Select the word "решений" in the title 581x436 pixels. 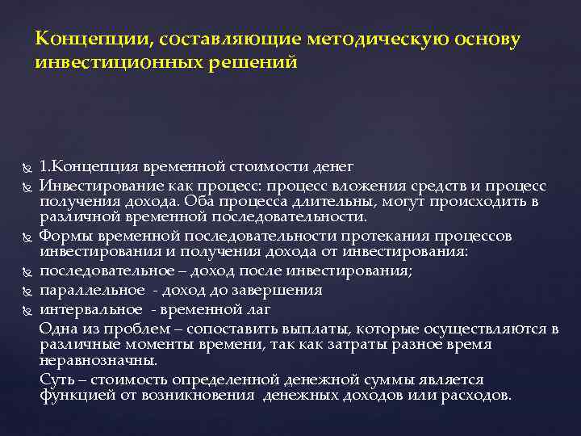point(257,61)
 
